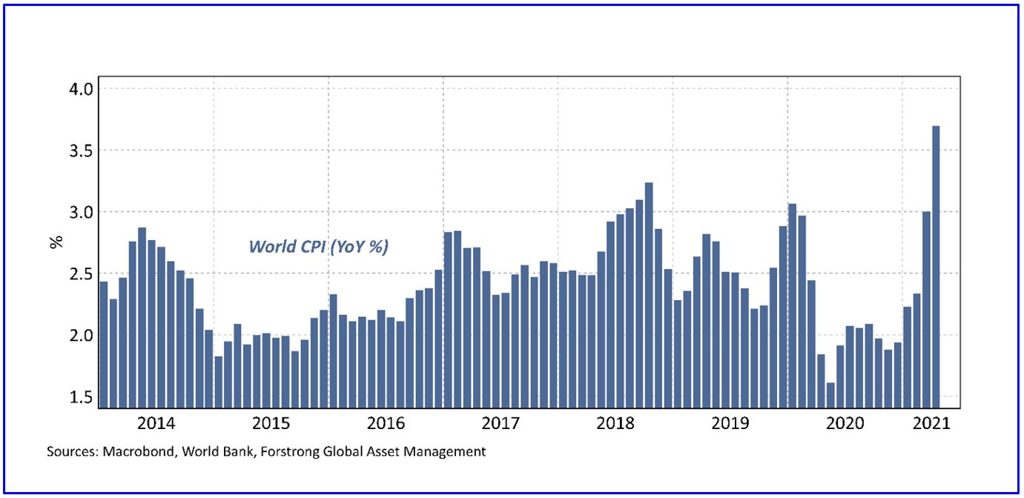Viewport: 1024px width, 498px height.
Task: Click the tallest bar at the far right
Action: pyautogui.click(x=936, y=267)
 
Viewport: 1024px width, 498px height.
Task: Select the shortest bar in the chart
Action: pyautogui.click(x=830, y=395)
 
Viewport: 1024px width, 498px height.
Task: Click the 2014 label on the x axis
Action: pyautogui.click(x=156, y=424)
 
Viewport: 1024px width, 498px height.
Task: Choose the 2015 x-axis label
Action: pyautogui.click(x=271, y=424)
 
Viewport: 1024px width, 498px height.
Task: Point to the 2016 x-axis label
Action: pyautogui.click(x=386, y=424)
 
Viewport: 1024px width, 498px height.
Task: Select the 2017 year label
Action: pyautogui.click(x=501, y=424)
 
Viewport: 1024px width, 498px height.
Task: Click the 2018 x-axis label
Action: pyautogui.click(x=615, y=424)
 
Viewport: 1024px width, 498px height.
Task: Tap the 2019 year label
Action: pyautogui.click(x=730, y=424)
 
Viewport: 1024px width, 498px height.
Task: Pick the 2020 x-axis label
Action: pyautogui.click(x=845, y=424)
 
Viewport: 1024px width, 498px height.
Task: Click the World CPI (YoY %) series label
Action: pyautogui.click(x=319, y=247)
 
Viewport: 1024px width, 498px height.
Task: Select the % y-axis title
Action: pyautogui.click(x=56, y=242)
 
